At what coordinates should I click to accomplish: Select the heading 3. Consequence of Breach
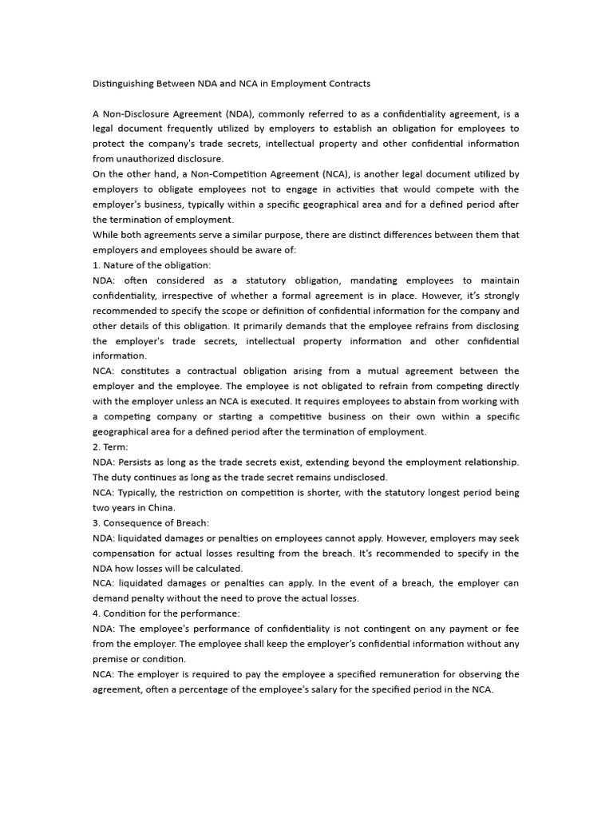point(151,522)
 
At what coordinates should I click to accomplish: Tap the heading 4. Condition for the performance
point(166,613)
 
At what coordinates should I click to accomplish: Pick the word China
point(160,507)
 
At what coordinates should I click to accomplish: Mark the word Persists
point(136,462)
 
